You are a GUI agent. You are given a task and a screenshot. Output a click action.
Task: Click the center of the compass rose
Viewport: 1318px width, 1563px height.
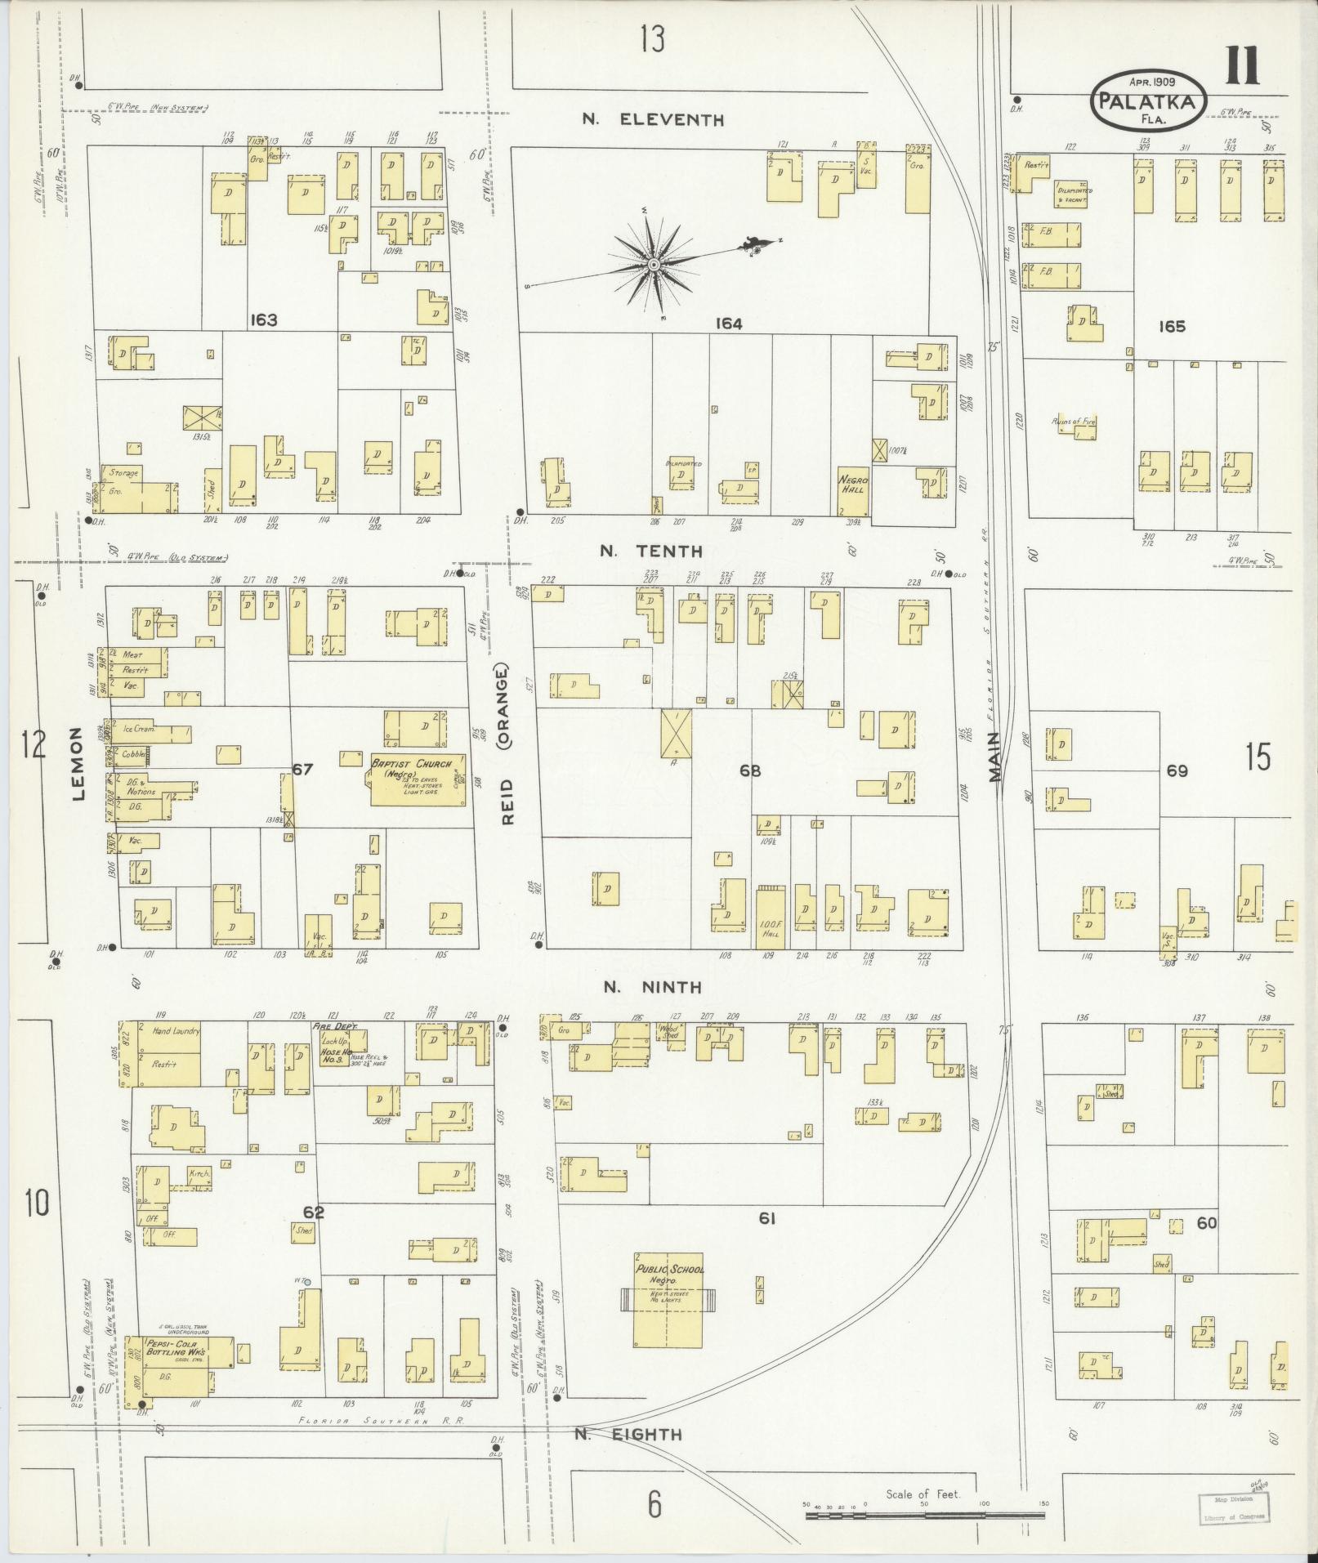(x=654, y=265)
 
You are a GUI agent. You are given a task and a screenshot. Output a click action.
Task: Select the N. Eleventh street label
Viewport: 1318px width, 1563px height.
(x=652, y=120)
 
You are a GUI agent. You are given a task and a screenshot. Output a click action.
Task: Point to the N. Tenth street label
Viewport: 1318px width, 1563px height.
(x=651, y=552)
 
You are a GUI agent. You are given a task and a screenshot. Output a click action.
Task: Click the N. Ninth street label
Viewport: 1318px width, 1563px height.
(x=652, y=987)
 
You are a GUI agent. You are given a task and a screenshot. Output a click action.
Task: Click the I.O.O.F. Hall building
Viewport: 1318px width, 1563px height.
(x=769, y=919)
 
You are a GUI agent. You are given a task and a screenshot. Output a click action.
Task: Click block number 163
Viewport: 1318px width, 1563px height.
(x=264, y=319)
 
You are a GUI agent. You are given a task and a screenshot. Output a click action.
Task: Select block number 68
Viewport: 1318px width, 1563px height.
(x=749, y=769)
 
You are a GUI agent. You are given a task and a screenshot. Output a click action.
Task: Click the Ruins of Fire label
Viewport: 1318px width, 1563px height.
(x=1073, y=422)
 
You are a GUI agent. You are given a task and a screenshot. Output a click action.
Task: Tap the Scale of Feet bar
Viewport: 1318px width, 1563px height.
(x=925, y=1515)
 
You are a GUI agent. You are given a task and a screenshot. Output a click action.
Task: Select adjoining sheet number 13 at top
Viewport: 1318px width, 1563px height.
(x=652, y=38)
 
